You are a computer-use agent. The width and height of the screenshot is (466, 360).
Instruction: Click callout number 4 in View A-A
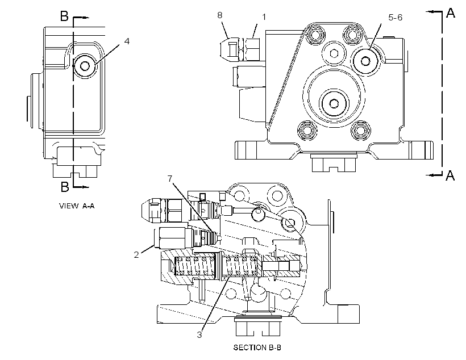tap(127, 41)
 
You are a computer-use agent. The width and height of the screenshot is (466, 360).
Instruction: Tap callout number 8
tap(219, 15)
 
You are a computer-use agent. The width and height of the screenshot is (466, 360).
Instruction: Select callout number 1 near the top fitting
tap(264, 17)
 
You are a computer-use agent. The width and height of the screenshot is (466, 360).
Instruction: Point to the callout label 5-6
tap(396, 18)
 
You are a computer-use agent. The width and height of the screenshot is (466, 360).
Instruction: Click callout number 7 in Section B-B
tap(170, 178)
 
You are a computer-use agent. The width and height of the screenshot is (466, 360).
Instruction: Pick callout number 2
tap(136, 254)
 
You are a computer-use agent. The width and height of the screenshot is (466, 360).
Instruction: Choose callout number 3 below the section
tap(199, 335)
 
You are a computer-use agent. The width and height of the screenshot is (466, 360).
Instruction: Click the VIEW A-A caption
tap(77, 206)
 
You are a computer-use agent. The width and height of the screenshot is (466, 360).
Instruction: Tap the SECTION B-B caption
tap(257, 348)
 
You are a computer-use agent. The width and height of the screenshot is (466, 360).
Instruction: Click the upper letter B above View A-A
tap(64, 16)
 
